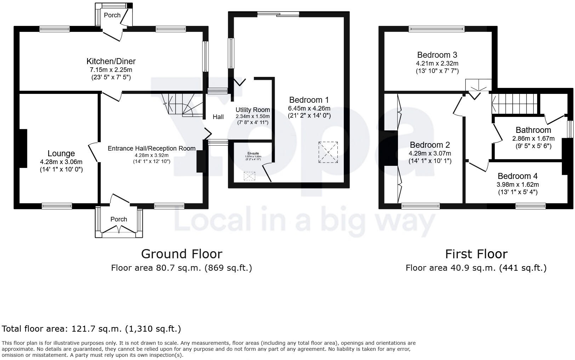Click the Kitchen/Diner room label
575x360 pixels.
111,61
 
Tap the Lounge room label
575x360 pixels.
61,153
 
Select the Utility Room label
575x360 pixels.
252,110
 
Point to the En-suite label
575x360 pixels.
253,153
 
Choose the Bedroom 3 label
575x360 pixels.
437,55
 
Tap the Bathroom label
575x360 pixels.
533,130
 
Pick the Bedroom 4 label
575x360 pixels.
517,176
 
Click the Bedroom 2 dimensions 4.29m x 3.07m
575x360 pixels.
430,153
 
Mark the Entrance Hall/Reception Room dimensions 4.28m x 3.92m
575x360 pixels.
152,156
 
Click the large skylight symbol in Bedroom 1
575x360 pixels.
328,152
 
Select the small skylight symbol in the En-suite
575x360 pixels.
250,176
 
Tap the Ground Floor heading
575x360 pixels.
181,254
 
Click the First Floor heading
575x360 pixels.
476,254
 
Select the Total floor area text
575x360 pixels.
91,329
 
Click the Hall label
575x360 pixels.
218,117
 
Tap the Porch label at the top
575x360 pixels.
112,15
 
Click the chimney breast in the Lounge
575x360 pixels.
23,148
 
